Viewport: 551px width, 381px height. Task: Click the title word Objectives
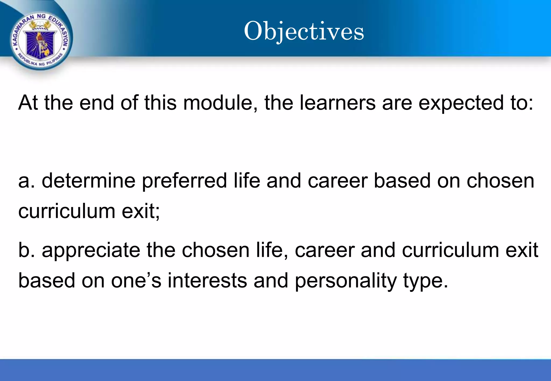coord(304,31)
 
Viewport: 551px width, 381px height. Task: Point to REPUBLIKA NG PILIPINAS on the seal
coord(40,62)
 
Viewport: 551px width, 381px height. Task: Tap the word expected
coord(461,103)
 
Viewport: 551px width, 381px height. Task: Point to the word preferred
coord(184,182)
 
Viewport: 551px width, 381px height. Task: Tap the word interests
coord(207,281)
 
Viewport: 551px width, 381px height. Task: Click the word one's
coord(136,281)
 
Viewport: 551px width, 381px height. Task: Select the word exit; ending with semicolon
coord(141,211)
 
